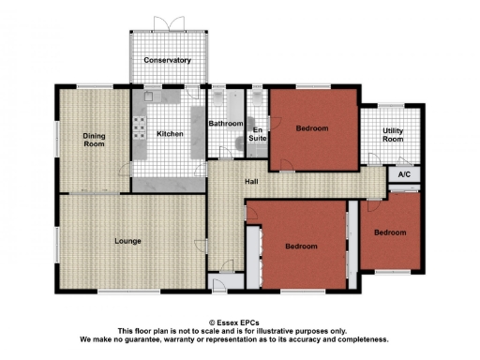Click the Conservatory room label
click(x=167, y=61)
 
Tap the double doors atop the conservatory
click(x=167, y=22)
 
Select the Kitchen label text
click(x=169, y=134)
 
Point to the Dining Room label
click(x=94, y=141)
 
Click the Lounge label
click(x=127, y=241)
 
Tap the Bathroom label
click(x=225, y=124)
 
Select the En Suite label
click(x=257, y=134)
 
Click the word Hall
click(x=251, y=182)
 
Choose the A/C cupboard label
click(x=404, y=174)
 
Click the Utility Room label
click(x=393, y=135)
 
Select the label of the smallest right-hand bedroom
click(x=389, y=232)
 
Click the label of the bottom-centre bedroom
click(x=301, y=247)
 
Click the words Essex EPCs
click(x=238, y=322)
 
